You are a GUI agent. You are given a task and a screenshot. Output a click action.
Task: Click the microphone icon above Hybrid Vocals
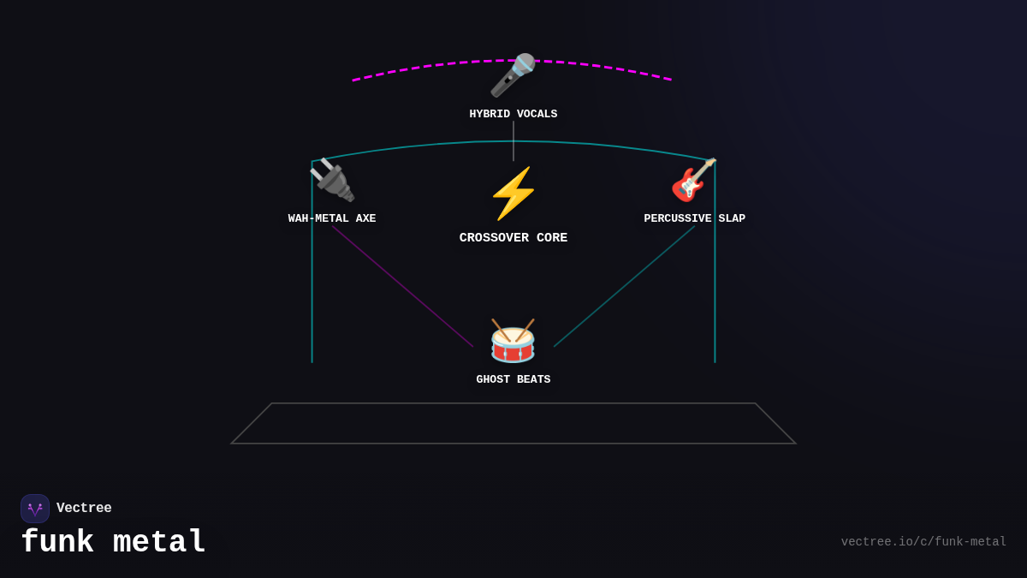pyautogui.click(x=513, y=75)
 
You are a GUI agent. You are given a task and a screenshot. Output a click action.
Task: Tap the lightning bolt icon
pyautogui.click(x=513, y=194)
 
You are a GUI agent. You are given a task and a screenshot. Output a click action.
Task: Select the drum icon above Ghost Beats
pyautogui.click(x=513, y=341)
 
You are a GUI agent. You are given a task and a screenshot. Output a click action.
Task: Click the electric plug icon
pyautogui.click(x=332, y=180)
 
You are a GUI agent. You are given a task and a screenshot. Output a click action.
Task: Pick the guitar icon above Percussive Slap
pyautogui.click(x=693, y=180)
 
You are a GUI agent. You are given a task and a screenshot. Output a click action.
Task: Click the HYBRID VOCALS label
pyautogui.click(x=513, y=114)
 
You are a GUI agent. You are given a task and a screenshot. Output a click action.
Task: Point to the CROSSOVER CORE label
pyautogui.click(x=513, y=238)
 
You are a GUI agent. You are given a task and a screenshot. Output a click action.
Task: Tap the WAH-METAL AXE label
pyautogui.click(x=332, y=218)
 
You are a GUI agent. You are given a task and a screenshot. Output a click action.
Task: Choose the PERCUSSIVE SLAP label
pyautogui.click(x=694, y=218)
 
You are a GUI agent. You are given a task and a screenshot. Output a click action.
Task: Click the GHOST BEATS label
pyautogui.click(x=513, y=379)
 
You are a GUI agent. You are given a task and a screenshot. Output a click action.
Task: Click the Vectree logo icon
pyautogui.click(x=35, y=509)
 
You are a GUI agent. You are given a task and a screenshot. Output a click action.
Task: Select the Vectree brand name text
pyautogui.click(x=84, y=509)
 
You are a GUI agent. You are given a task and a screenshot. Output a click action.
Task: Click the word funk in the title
pyautogui.click(x=56, y=542)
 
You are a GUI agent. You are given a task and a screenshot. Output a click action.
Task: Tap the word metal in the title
pyautogui.click(x=159, y=542)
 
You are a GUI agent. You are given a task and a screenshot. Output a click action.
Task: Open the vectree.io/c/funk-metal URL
pyautogui.click(x=923, y=542)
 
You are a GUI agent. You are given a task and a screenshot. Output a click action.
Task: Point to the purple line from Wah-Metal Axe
pyautogui.click(x=402, y=286)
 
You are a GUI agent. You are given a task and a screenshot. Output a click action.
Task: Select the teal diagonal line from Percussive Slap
pyautogui.click(x=624, y=286)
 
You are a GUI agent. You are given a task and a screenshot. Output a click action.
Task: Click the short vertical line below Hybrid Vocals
pyautogui.click(x=513, y=140)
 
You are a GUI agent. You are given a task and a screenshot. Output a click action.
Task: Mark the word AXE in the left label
pyautogui.click(x=365, y=218)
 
